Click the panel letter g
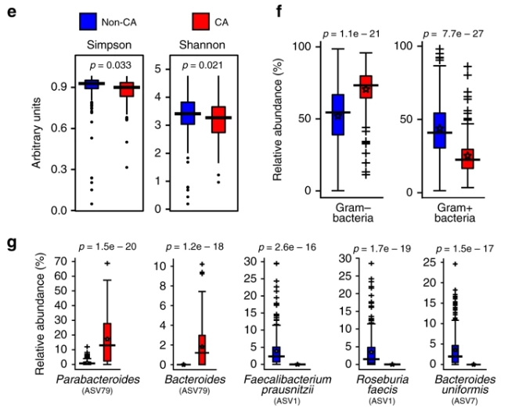click(12, 243)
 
